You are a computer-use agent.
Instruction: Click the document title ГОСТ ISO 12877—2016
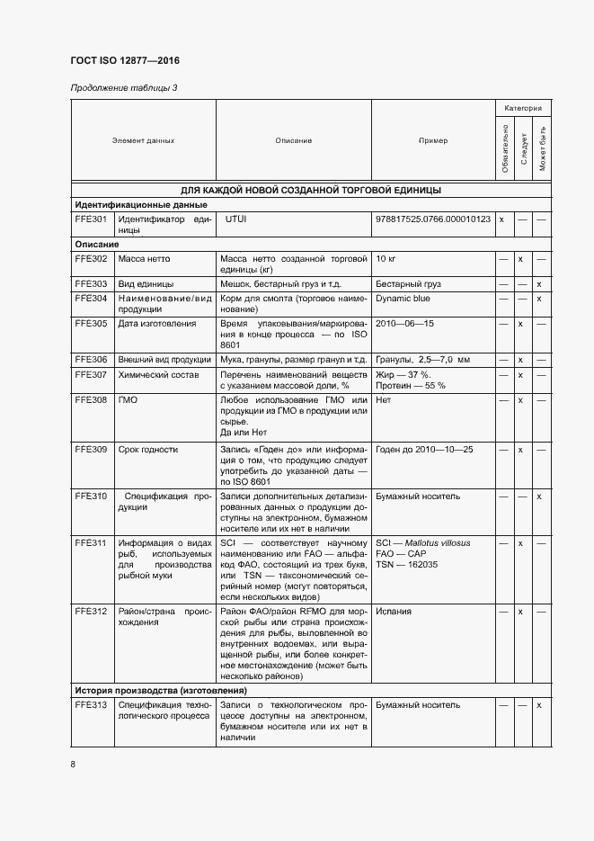point(132,61)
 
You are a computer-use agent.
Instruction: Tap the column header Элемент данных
point(143,140)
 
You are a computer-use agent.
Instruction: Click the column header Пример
point(432,140)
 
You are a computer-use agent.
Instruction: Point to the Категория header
point(522,108)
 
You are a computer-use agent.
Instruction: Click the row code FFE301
point(91,219)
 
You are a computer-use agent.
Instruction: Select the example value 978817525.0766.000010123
point(433,219)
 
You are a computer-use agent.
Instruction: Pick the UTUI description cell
point(235,219)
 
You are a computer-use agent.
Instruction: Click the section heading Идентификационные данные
point(135,204)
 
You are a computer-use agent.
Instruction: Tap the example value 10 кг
point(386,259)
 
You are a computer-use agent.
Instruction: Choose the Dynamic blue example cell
point(403,298)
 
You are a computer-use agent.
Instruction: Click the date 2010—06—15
point(405,323)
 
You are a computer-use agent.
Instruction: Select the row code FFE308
point(91,399)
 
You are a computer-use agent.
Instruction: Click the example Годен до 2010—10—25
point(424,449)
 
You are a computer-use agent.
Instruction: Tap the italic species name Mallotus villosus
point(438,543)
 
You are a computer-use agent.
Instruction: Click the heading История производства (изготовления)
point(161,690)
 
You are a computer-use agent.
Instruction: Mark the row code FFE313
point(91,705)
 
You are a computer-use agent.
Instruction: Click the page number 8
point(73,765)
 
